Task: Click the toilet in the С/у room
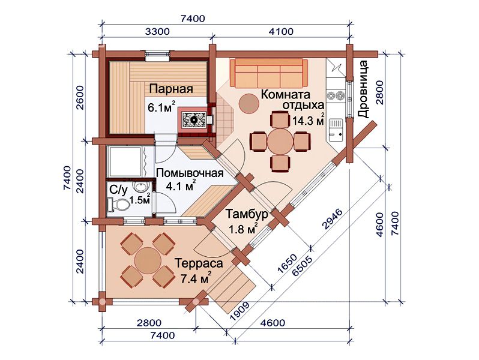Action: coord(118,203)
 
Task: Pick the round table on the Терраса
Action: coord(148,260)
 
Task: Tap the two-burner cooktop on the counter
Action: coord(336,96)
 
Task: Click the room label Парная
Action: coord(171,89)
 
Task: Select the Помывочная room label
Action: coord(190,173)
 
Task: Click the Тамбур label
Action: coord(247,214)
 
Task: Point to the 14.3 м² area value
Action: coord(309,120)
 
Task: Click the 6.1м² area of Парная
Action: coord(161,107)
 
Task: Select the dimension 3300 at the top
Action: coord(157,31)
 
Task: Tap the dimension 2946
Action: coord(333,219)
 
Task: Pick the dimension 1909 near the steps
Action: coord(240,311)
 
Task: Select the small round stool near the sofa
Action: coord(248,103)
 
